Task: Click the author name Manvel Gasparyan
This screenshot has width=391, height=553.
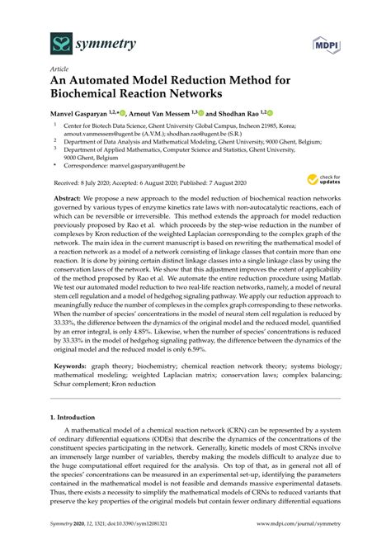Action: coord(87,114)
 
